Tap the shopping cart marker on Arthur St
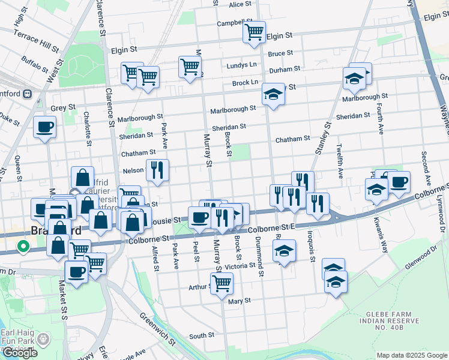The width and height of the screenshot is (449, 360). [x=221, y=283]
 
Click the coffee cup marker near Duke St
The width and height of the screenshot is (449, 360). [x=45, y=127]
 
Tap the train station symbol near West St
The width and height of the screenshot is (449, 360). [x=27, y=94]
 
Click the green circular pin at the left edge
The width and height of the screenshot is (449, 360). [x=23, y=246]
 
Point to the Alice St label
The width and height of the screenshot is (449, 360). [x=240, y=5]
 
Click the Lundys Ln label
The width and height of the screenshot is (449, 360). [x=241, y=65]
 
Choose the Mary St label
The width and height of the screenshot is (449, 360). [x=239, y=301]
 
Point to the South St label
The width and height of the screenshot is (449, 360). [x=202, y=336]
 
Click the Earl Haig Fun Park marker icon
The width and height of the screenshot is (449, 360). [x=43, y=340]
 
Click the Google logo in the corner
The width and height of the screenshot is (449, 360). [x=20, y=353]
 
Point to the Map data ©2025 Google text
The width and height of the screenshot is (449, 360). [x=411, y=355]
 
